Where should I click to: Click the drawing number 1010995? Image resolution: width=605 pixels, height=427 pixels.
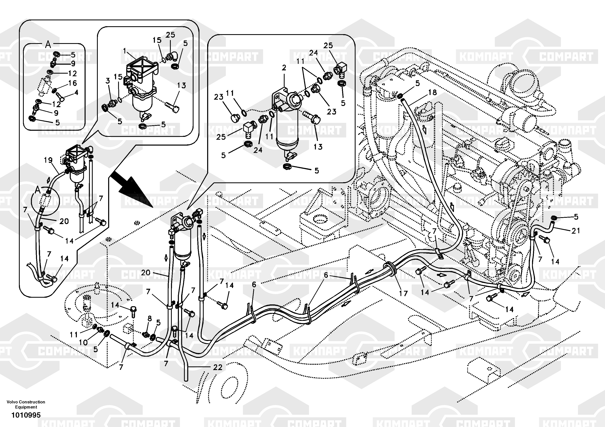(x=26, y=415)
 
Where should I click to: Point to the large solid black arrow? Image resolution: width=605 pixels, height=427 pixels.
(x=132, y=188)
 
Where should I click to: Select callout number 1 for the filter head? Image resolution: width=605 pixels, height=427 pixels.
(x=125, y=51)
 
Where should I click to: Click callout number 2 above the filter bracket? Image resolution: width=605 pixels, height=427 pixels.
(x=284, y=68)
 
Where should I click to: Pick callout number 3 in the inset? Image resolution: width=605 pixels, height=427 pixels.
(x=108, y=81)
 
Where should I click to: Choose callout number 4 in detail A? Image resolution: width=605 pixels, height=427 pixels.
(x=76, y=93)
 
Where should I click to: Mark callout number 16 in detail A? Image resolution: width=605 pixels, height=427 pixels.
(x=72, y=83)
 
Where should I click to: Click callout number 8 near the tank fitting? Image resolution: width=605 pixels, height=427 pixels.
(x=150, y=318)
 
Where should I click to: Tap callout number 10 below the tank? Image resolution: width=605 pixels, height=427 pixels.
(x=83, y=342)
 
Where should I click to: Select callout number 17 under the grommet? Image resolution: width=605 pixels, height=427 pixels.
(x=403, y=293)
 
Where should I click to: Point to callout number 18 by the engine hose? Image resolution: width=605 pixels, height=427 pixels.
(x=432, y=92)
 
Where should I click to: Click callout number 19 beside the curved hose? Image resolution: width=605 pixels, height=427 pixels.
(x=48, y=160)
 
